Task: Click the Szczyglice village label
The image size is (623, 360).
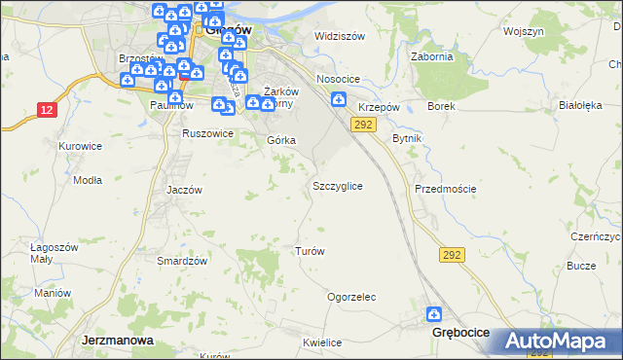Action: [x=338, y=185]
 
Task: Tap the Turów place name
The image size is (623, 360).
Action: [x=309, y=251]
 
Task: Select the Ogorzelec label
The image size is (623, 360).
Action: [x=351, y=297]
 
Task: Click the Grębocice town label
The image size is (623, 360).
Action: [x=459, y=333]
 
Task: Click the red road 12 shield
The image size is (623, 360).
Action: [x=47, y=110]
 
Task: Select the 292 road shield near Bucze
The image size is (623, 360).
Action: [x=451, y=254]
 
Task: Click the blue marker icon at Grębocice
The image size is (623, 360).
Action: [x=434, y=314]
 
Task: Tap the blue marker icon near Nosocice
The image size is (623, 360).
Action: [x=338, y=98]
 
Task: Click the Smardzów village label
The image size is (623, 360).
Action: [x=182, y=261]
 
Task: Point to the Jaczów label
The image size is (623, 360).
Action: [x=183, y=190]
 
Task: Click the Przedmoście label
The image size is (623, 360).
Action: [x=445, y=189]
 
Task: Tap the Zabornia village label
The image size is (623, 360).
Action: [x=433, y=56]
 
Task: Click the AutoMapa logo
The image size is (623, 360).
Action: [x=558, y=342]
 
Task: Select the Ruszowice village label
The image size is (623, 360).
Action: [x=208, y=133]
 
